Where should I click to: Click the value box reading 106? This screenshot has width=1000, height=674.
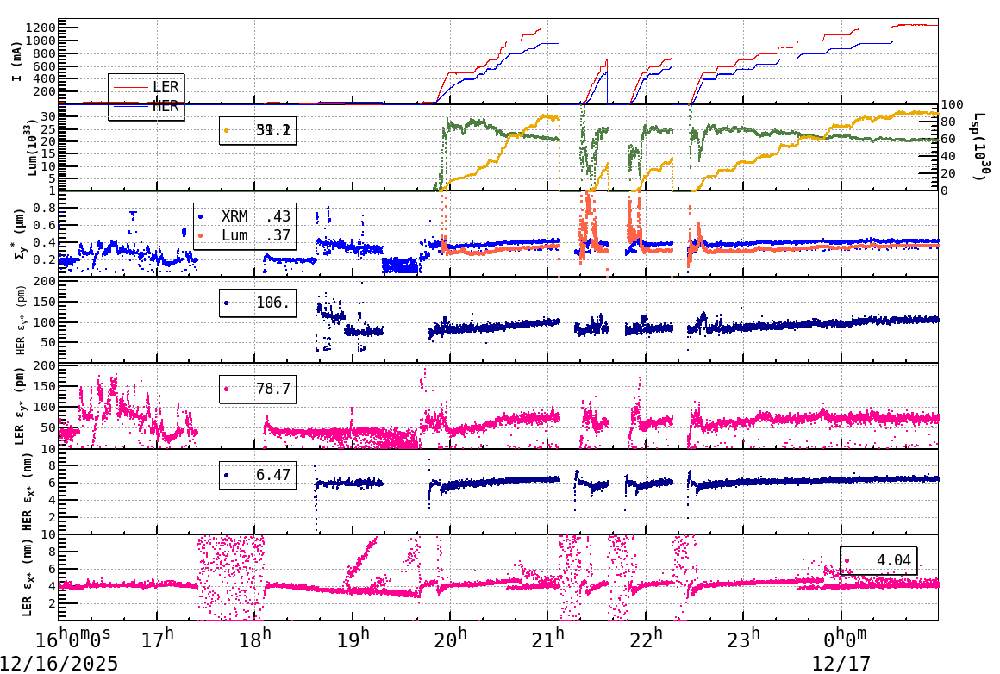tap(258, 303)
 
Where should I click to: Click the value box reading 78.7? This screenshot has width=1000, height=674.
tap(258, 389)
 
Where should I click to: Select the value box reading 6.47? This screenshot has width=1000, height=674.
tap(258, 475)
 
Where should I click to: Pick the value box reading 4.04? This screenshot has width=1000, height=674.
tap(878, 560)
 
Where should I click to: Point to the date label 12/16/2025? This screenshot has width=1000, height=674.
tap(59, 664)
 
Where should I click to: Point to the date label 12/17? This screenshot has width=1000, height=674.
tap(841, 664)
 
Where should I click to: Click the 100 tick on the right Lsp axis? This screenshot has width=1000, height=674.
tap(952, 105)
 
